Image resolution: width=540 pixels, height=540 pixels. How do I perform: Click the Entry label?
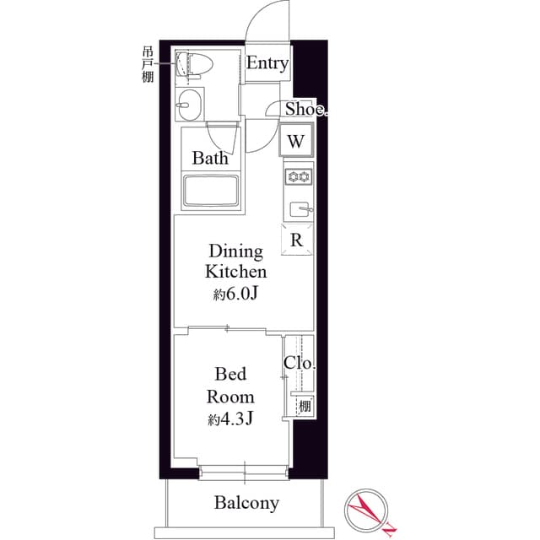coord(267,64)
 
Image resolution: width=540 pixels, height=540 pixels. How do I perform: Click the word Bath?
coord(208,158)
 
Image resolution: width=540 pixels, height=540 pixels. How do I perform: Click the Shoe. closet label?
coord(305,109)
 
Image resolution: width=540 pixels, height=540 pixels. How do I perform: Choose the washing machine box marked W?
coord(296,141)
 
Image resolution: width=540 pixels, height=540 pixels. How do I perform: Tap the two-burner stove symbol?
coord(299,176)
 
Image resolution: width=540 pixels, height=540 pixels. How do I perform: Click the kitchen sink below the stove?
coord(300,208)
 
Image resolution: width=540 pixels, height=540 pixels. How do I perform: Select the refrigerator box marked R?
coord(297,240)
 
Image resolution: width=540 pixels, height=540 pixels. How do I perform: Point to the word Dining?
coord(235,251)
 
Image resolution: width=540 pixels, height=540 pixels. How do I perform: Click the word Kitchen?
coord(235,272)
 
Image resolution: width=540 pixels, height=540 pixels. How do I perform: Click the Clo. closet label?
coord(300,364)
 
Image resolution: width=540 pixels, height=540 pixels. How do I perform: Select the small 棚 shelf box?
coord(302,405)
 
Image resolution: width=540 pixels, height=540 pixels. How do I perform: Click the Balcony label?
coord(246,504)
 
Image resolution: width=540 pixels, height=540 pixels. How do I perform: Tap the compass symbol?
coord(365,510)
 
